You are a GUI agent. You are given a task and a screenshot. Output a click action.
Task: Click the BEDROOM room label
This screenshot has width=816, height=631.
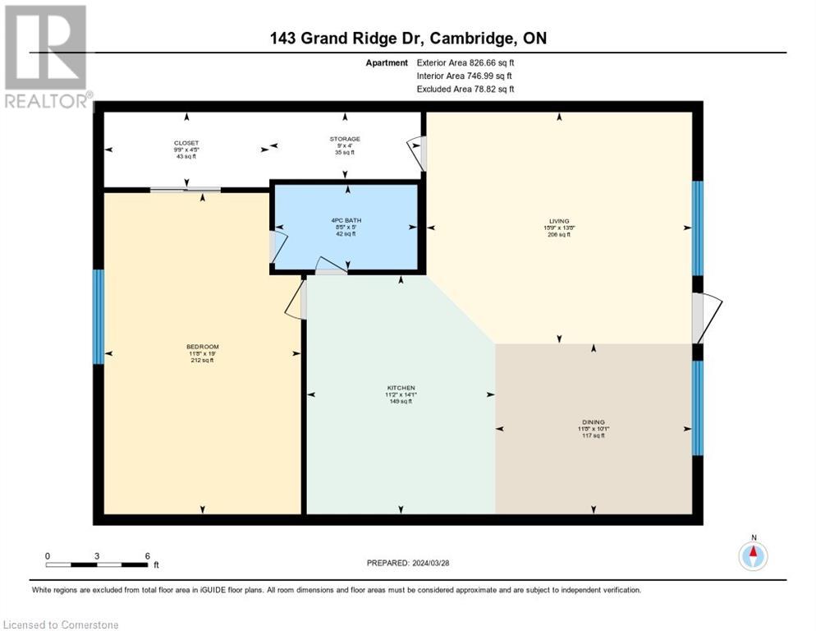(x=202, y=346)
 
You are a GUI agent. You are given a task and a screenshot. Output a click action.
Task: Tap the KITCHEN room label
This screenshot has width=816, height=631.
(x=401, y=387)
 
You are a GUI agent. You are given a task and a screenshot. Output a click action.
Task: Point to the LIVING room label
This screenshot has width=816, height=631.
(x=559, y=220)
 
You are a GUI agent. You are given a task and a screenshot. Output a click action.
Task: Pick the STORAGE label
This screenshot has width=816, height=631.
(x=344, y=139)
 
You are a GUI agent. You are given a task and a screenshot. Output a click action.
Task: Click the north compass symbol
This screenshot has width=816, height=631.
(x=752, y=555)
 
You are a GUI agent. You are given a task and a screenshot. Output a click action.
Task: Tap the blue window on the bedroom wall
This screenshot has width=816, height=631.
(x=99, y=316)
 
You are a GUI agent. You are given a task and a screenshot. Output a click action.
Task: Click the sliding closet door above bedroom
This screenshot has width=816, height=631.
(x=186, y=190)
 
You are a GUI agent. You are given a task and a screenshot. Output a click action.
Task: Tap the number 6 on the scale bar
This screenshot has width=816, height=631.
(x=147, y=555)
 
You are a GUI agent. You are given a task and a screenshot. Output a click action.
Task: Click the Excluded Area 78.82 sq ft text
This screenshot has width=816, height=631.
(x=465, y=89)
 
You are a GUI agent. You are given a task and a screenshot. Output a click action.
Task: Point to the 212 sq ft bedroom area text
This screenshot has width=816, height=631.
(x=202, y=360)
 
